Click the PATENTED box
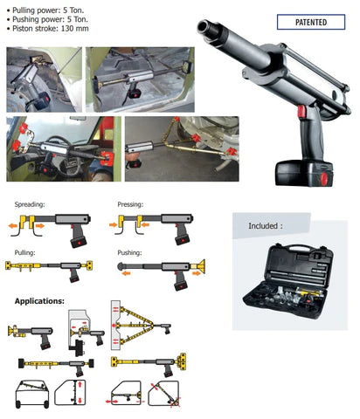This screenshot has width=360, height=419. pos(311,22)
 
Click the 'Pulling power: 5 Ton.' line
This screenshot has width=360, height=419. pos(48,10)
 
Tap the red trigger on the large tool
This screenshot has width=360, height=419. pos(301,111)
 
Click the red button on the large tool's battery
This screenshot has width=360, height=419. pos(324,177)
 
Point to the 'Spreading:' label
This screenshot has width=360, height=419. pos(30,204)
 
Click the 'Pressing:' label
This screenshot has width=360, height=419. pos(130,204)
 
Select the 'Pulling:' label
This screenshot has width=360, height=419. pos(24,252)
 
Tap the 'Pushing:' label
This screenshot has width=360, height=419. pos(129,252)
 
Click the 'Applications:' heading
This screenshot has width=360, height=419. pos(39,301)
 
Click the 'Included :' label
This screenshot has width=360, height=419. pos(266,226)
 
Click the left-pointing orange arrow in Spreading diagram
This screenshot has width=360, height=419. pos(13,225)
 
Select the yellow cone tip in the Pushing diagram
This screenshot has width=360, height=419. pos(200,266)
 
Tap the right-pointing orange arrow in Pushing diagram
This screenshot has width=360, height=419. pos(197,273)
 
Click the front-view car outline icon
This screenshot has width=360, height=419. pos(32,394)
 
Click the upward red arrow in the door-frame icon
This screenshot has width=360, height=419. pos(80,385)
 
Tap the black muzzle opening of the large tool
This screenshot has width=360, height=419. pos(202,26)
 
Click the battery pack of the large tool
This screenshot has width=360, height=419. pos(304,173)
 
